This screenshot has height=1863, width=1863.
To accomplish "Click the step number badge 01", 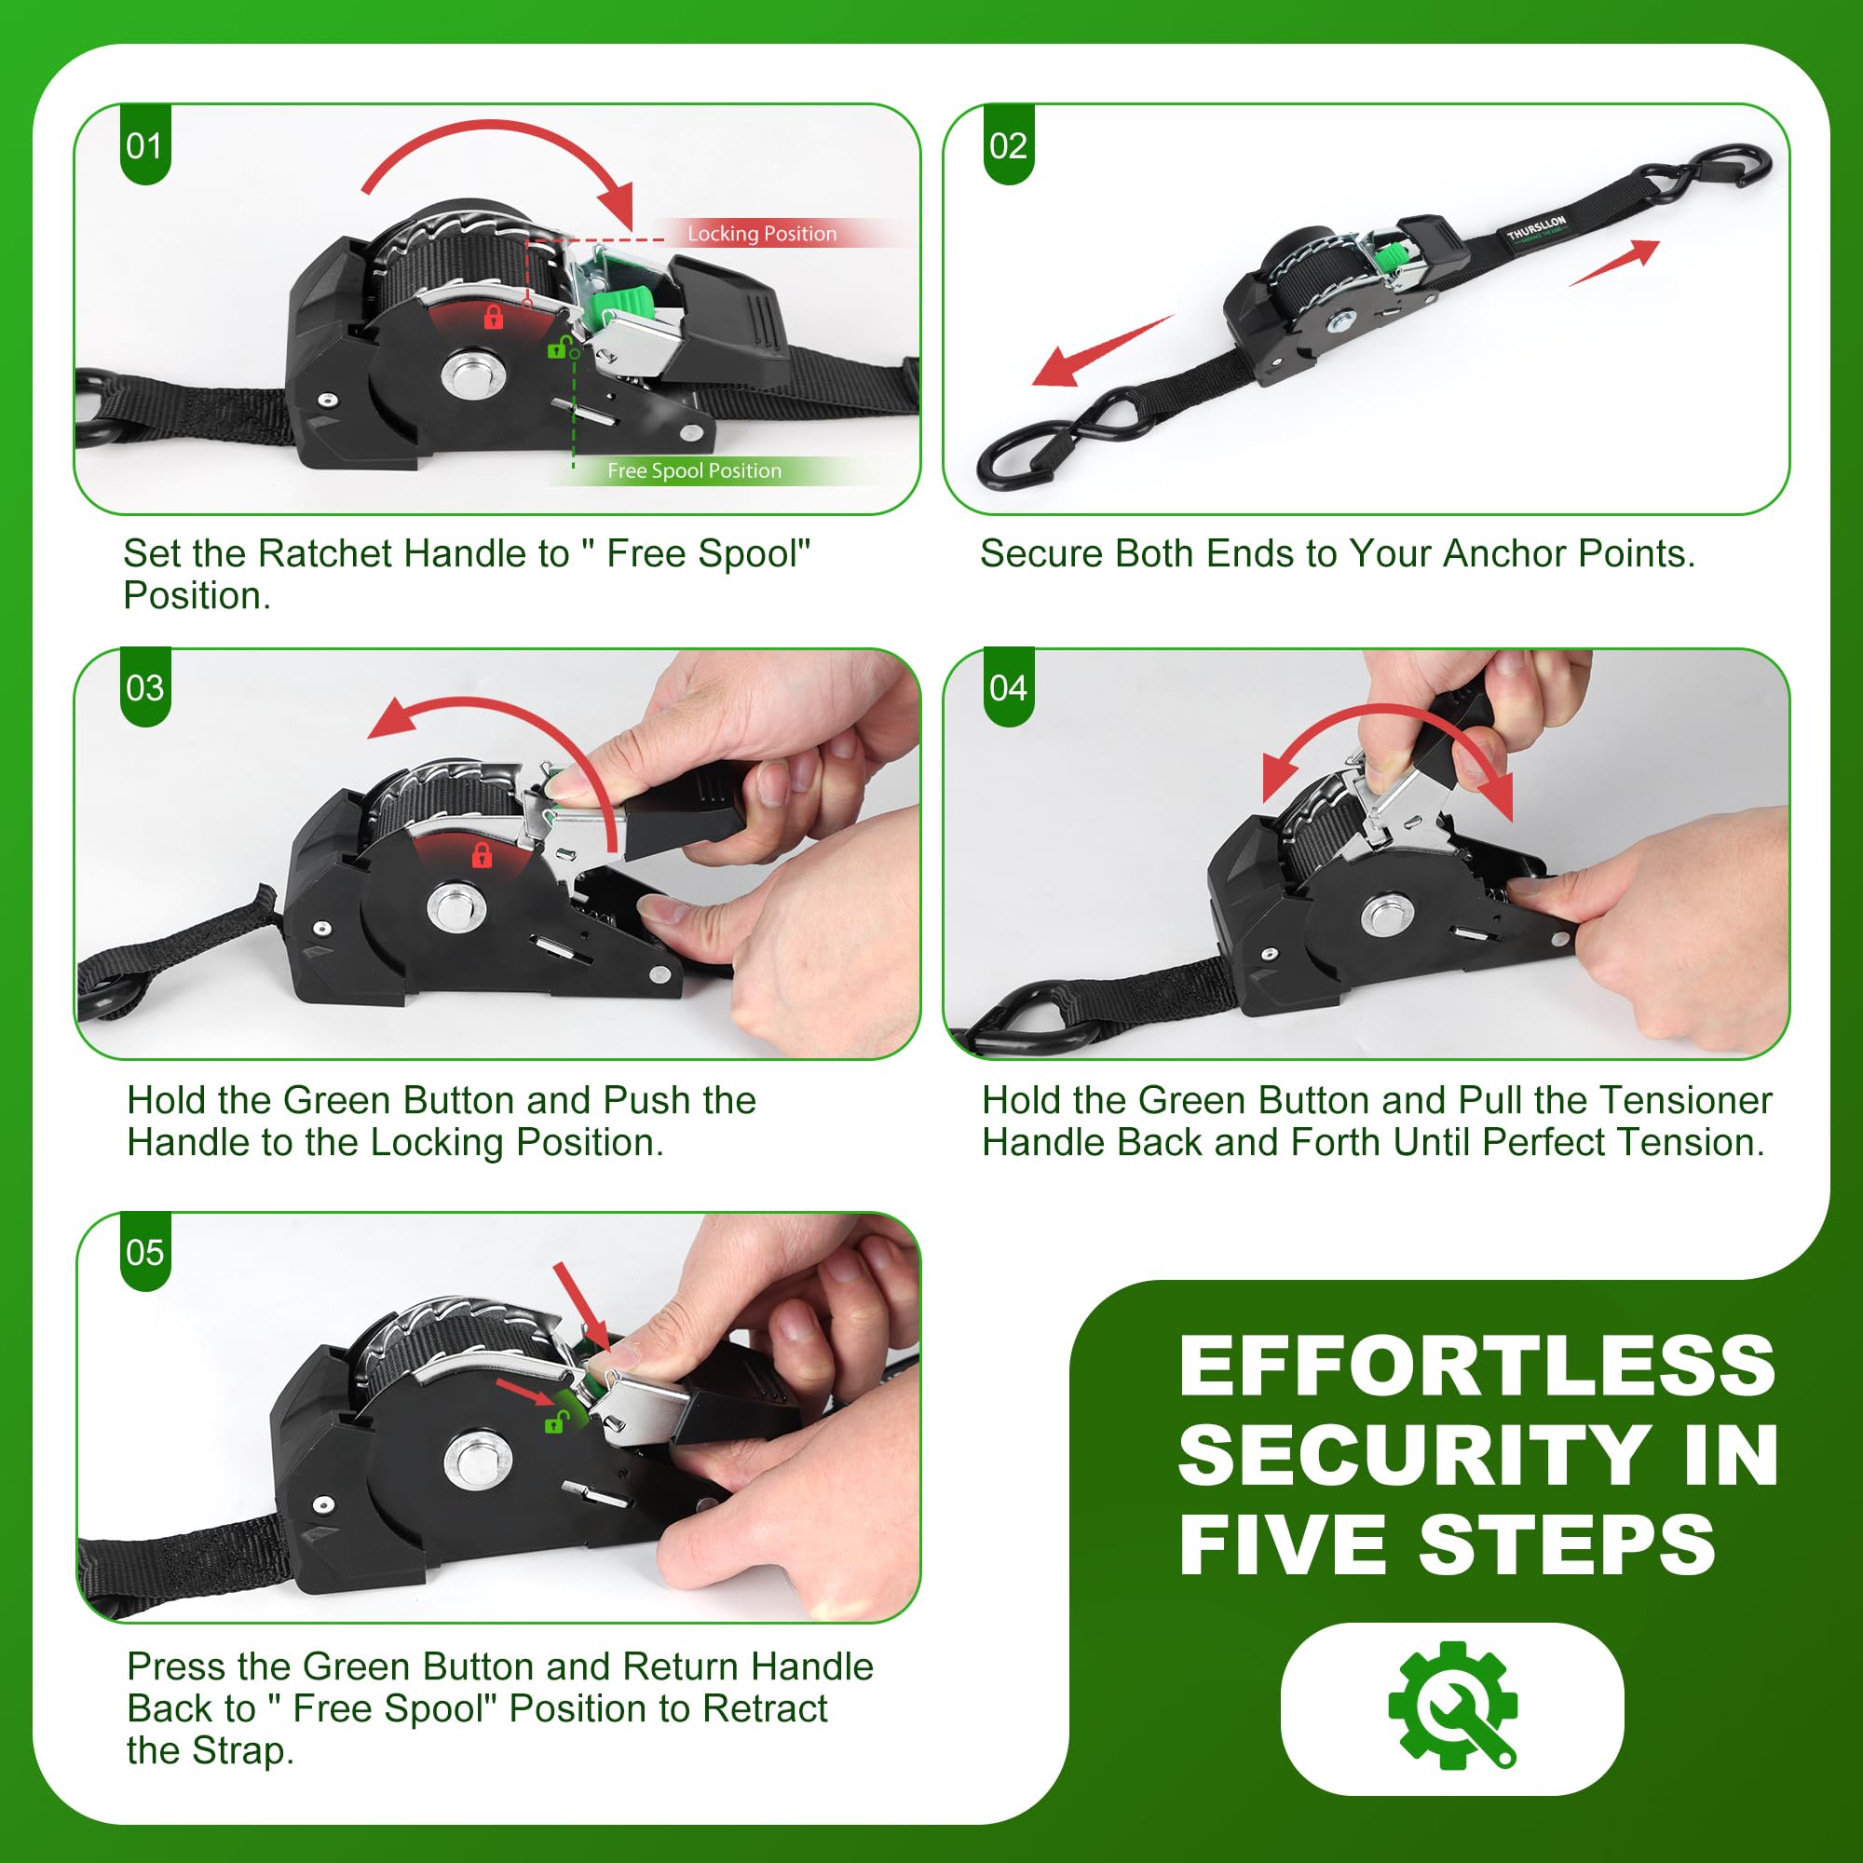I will pos(144,146).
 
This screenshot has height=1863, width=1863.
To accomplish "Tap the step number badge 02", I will pos(1008,146).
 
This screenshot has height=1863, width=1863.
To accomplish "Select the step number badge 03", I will pos(144,688).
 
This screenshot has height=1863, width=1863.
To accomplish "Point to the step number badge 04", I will pos(1008,688).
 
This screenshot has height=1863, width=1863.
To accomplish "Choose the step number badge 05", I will pos(144,1253).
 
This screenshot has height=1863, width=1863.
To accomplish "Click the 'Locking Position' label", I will pos(762,235).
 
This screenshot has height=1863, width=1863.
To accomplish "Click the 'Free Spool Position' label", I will pos(694,471).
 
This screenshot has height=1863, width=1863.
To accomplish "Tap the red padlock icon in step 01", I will pos(493,317).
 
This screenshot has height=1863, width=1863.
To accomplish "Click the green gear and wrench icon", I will pos(1452,1705).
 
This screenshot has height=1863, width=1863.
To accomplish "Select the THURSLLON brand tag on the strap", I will pos(1537,227).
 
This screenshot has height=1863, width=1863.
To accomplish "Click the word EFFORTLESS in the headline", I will pos(1476,1367).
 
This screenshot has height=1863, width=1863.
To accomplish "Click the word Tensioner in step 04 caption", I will pos(1684,1100).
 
